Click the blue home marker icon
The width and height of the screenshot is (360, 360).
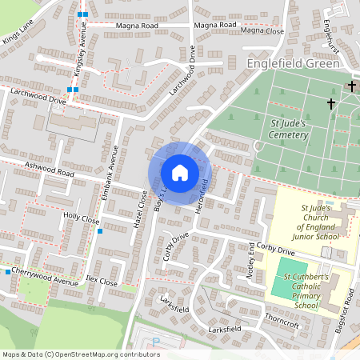pyautogui.click(x=180, y=172)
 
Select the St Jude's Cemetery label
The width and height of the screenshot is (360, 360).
pyautogui.click(x=289, y=130)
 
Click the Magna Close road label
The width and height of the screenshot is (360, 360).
pyautogui.click(x=262, y=30)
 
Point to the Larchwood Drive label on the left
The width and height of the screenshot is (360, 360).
pyautogui.click(x=38, y=97)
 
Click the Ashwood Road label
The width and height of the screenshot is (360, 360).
pyautogui.click(x=49, y=170)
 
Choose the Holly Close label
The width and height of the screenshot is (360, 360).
pyautogui.click(x=81, y=218)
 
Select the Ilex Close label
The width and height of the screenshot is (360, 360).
pyautogui.click(x=102, y=282)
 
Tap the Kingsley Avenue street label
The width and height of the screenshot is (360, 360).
pyautogui.click(x=80, y=55)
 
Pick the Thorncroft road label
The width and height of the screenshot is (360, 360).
pyautogui.click(x=282, y=322)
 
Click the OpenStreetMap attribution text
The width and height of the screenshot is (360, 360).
pyautogui.click(x=81, y=354)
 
